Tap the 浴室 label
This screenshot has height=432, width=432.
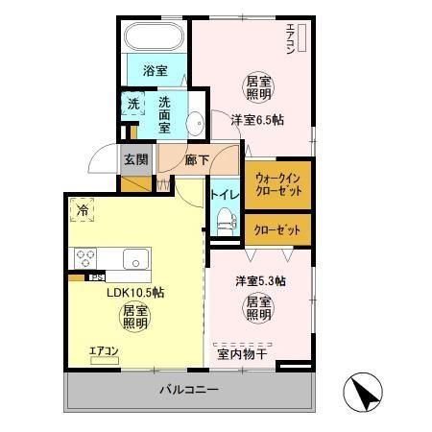click(156, 71)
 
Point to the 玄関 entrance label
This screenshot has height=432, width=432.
click(135, 159)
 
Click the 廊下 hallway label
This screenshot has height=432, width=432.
click(198, 159)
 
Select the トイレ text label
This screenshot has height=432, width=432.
click(225, 195)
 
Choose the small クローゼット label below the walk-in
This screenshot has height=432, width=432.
click(277, 230)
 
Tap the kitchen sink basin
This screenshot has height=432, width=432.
click(133, 258)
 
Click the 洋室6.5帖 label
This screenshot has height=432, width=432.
click(256, 120)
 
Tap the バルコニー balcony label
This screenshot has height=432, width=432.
click(189, 391)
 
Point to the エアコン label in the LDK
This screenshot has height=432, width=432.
click(103, 352)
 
